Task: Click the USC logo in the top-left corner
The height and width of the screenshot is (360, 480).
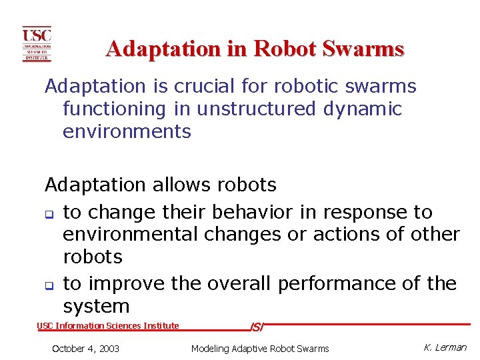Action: click(37, 44)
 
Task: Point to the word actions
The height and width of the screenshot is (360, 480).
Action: click(350, 235)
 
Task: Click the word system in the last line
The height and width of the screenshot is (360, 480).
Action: click(96, 307)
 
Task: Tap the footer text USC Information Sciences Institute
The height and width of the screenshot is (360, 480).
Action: click(108, 326)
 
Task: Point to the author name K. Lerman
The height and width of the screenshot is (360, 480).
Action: click(445, 347)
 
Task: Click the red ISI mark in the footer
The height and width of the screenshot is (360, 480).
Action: click(257, 327)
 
